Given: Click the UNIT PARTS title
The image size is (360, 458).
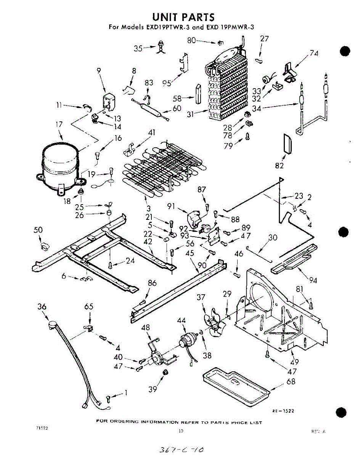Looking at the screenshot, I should [x=183, y=17].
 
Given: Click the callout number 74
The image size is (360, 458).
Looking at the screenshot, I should [x=314, y=54].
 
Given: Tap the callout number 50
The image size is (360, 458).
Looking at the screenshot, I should [x=38, y=230].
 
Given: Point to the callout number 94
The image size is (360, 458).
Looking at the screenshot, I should [x=313, y=281].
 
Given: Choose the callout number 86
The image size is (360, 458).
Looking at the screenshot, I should [x=152, y=283].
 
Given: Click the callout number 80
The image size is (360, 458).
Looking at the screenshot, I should [x=191, y=40].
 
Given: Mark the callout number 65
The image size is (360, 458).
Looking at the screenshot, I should [x=89, y=306].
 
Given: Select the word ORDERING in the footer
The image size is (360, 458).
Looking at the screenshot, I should [x=125, y=422].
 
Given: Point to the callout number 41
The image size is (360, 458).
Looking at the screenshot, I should [x=152, y=133].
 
